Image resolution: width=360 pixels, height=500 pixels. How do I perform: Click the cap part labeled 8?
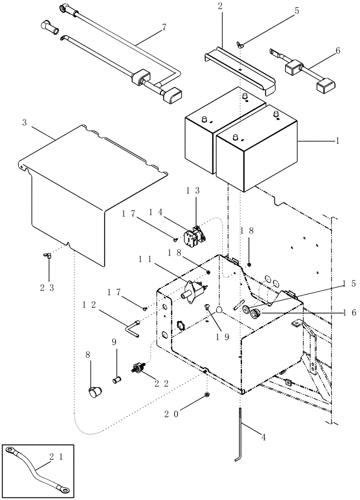[92, 392]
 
